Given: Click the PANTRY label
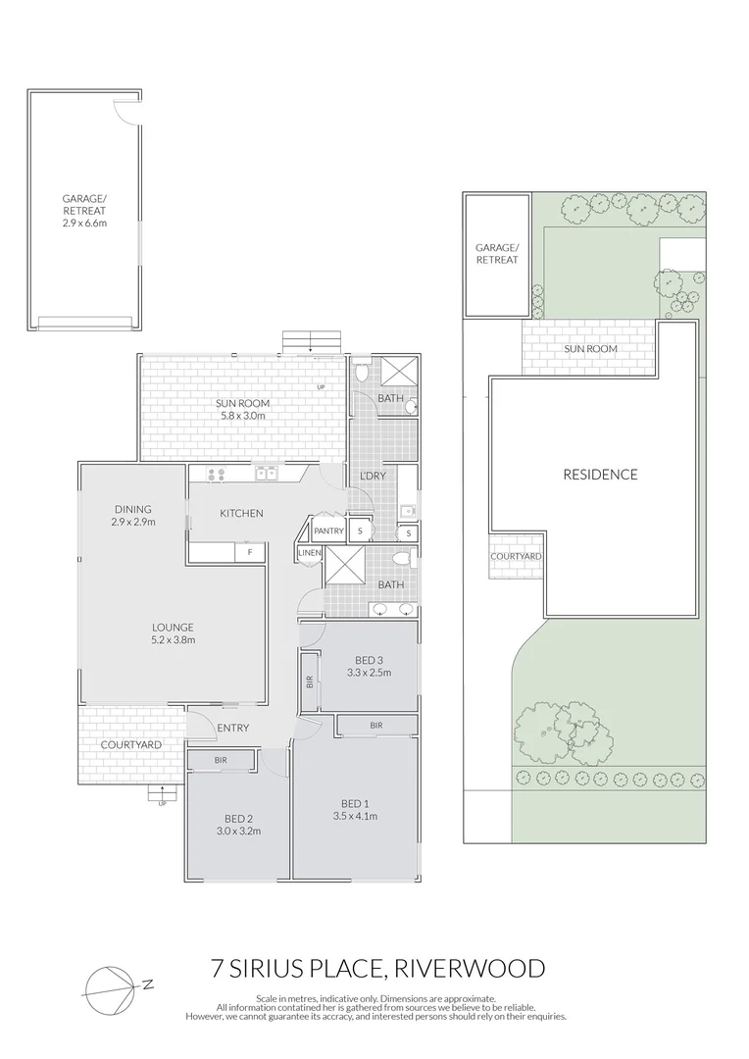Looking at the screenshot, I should [x=328, y=530].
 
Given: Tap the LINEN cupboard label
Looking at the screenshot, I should [x=309, y=554].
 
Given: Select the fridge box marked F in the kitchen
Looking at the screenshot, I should [x=250, y=552].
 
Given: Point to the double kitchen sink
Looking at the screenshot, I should [x=266, y=475].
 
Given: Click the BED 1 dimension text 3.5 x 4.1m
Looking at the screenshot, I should [x=355, y=816].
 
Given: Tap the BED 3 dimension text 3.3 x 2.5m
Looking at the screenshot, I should [x=369, y=673].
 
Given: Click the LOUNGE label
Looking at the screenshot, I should [x=173, y=628].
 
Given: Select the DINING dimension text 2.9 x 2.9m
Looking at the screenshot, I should [x=132, y=522].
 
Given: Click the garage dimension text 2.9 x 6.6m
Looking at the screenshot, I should [x=84, y=223].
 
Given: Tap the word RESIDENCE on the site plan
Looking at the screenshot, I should [x=600, y=475].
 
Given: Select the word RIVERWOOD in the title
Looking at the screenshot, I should [x=469, y=970].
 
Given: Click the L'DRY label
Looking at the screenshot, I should [x=373, y=476].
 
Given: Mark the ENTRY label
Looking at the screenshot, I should [x=233, y=728].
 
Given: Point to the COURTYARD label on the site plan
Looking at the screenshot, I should [x=516, y=556].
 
